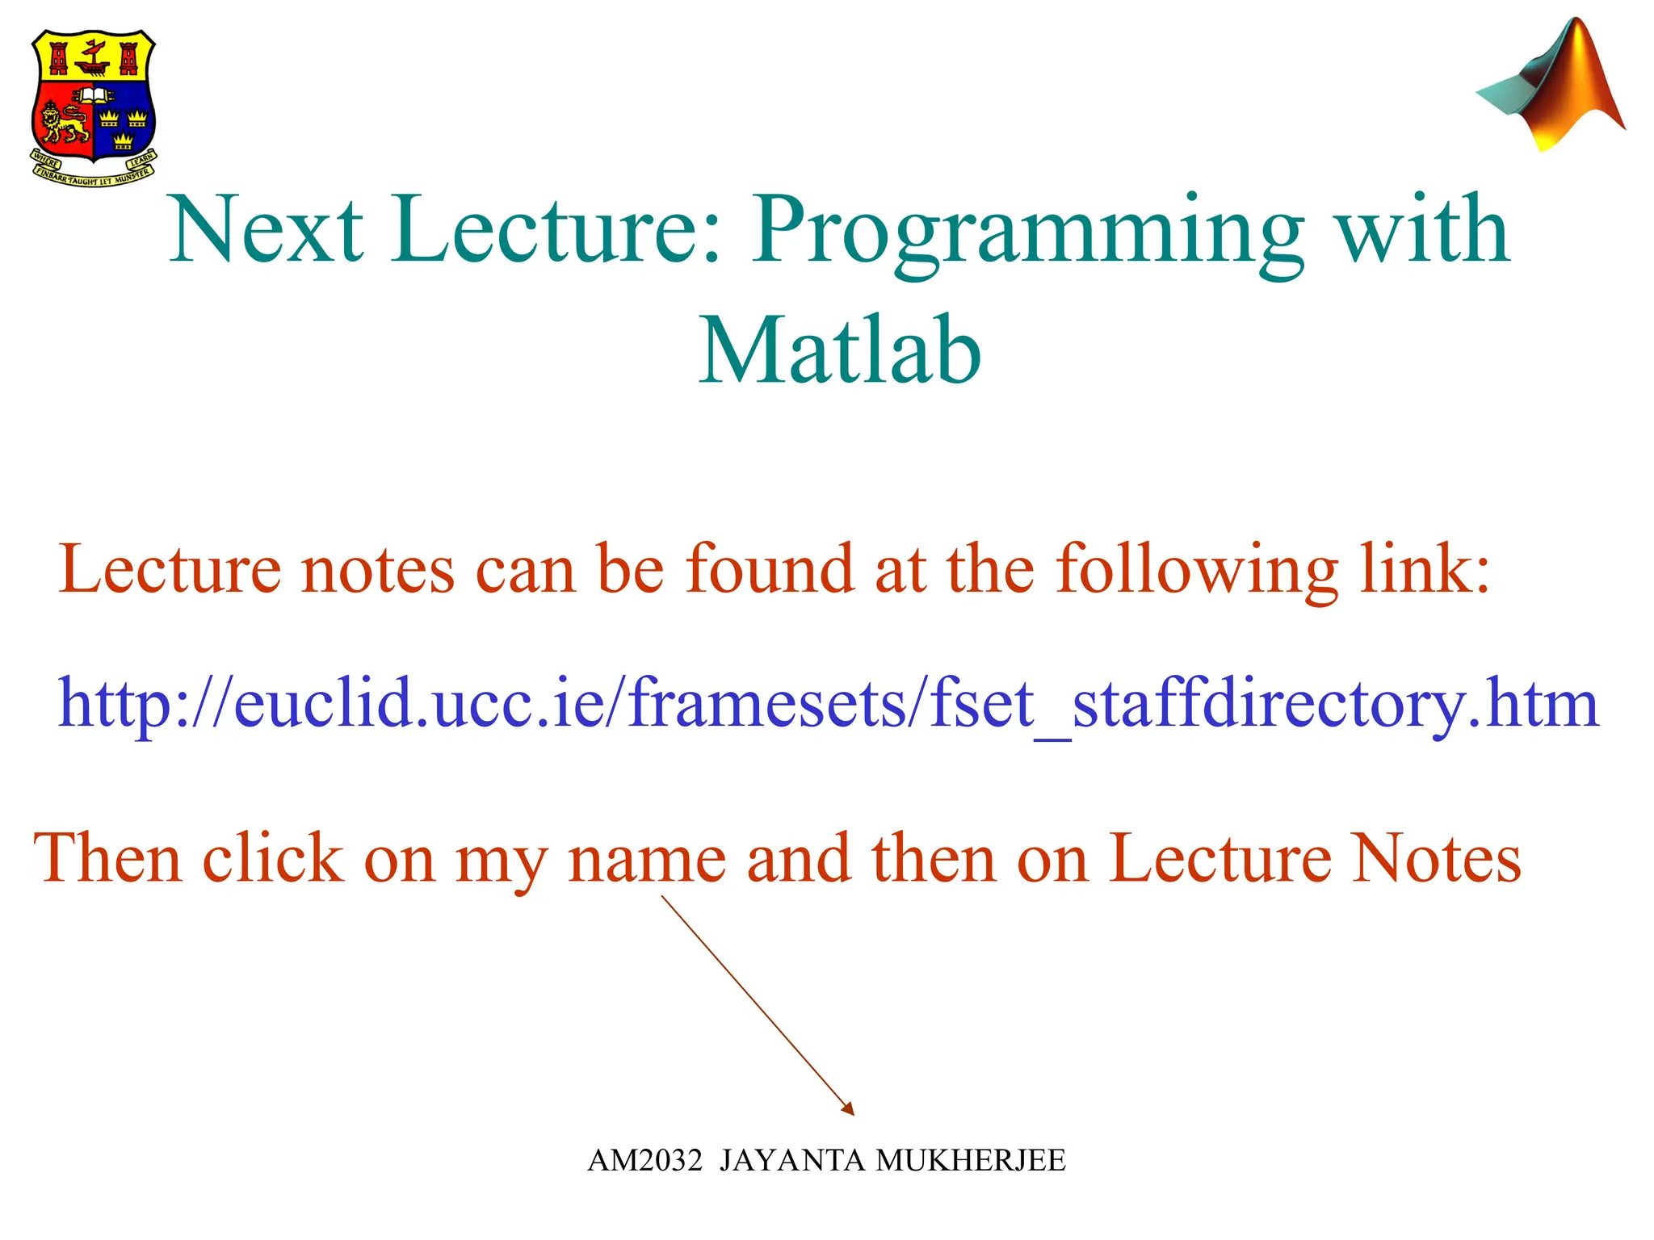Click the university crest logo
[93, 105]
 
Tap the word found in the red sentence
[770, 570]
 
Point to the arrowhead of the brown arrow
[849, 1110]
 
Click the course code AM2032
[644, 1161]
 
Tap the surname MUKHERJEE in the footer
[971, 1161]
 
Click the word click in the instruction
[273, 859]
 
